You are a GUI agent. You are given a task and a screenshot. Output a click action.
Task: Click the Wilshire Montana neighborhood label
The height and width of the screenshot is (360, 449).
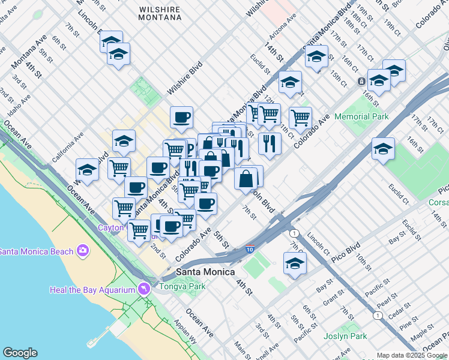[x=160, y=13]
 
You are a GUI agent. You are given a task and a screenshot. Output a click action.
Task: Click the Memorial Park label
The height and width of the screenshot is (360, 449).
[x=361, y=116]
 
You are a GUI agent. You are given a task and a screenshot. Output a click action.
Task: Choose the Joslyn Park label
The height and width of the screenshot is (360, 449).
[x=345, y=336]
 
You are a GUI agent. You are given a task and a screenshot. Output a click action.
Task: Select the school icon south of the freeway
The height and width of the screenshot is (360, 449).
[x=295, y=263]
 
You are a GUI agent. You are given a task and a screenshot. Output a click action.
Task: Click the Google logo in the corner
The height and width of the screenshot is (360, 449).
[x=19, y=353]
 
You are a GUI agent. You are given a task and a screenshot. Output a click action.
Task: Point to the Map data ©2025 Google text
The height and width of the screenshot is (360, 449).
[x=411, y=355]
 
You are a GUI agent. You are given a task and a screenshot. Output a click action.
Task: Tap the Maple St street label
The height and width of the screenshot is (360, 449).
[x=422, y=329]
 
